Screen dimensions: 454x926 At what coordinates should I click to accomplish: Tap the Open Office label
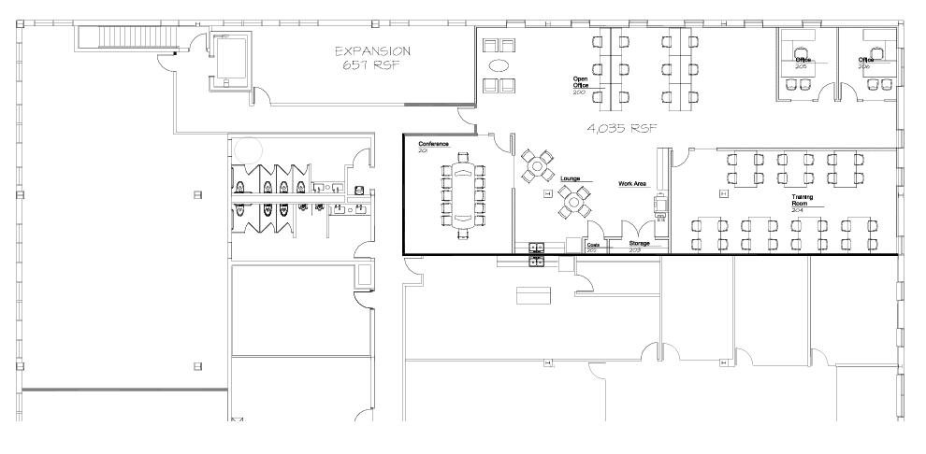[x=580, y=82]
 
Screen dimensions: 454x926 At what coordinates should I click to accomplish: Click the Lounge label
[x=571, y=177]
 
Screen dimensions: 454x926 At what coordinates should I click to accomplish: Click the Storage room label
[x=639, y=243]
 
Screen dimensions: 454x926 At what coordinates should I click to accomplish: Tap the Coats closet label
[x=592, y=246]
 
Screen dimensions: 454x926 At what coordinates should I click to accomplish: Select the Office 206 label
[x=866, y=61]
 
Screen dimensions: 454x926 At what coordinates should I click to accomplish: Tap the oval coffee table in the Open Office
[x=499, y=65]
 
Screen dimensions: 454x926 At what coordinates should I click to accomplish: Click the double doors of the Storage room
[x=638, y=229]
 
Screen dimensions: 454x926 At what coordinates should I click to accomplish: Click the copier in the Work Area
[x=660, y=205]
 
